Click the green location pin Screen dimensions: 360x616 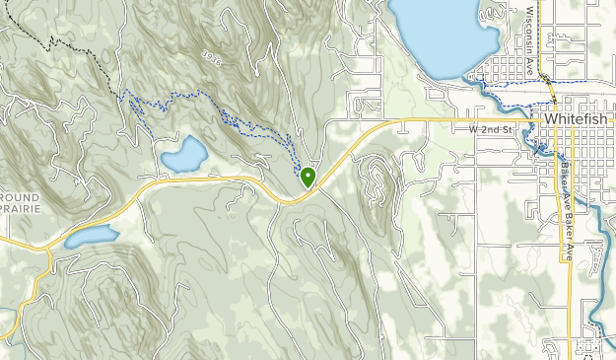tap(308, 177)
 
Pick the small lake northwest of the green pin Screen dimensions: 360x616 tap(184, 154)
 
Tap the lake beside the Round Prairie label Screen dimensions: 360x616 tap(92, 236)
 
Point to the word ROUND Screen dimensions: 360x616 tap(20, 197)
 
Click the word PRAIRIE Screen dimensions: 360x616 tap(22, 209)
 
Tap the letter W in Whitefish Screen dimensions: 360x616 tap(550, 117)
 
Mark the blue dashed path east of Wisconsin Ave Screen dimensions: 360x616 tap(572, 80)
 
